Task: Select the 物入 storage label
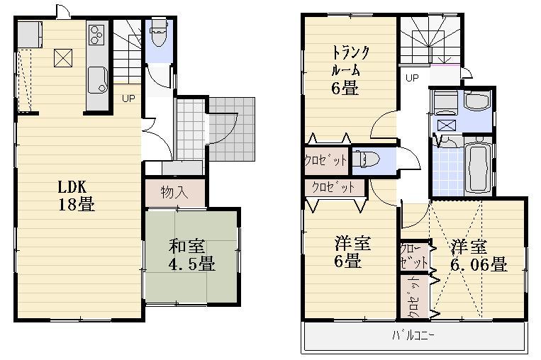coord(175,193)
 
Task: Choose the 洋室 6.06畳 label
coord(477,256)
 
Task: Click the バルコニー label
coord(415,335)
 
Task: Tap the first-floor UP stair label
coord(128,99)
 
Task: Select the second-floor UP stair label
coord(411,78)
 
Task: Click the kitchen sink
coord(96,76)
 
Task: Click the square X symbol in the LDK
coord(62,57)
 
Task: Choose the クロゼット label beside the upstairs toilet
coord(325,160)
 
